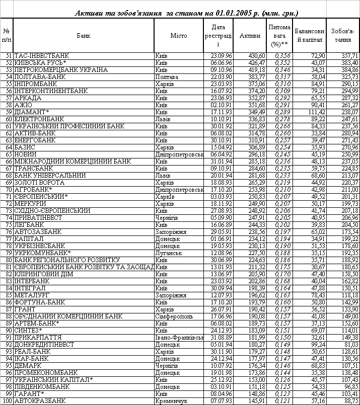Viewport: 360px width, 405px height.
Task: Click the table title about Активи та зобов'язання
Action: click(186, 13)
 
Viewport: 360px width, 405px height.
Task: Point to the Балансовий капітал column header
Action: click(310, 35)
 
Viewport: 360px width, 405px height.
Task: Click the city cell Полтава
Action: click(168, 77)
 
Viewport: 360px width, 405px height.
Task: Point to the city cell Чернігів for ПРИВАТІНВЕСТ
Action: click(168, 218)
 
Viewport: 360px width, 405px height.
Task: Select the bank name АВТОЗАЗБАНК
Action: click(38, 232)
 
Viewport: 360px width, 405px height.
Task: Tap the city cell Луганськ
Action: click(169, 253)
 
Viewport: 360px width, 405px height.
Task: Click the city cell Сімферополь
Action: click(173, 316)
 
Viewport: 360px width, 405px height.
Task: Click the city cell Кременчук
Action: click(171, 401)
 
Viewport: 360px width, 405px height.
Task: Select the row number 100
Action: click(8, 401)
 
